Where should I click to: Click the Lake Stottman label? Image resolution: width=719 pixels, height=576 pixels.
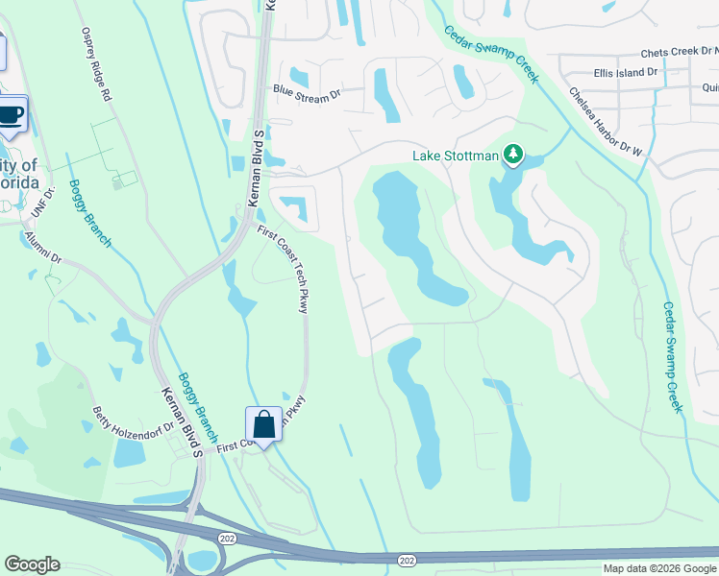tap(456, 156)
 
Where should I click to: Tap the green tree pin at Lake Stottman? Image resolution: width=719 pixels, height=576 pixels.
tap(513, 154)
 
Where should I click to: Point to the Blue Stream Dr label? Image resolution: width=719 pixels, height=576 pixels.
tap(307, 92)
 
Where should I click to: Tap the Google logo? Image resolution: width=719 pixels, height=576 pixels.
tap(33, 564)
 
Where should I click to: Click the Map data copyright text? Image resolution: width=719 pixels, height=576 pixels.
tap(658, 568)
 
